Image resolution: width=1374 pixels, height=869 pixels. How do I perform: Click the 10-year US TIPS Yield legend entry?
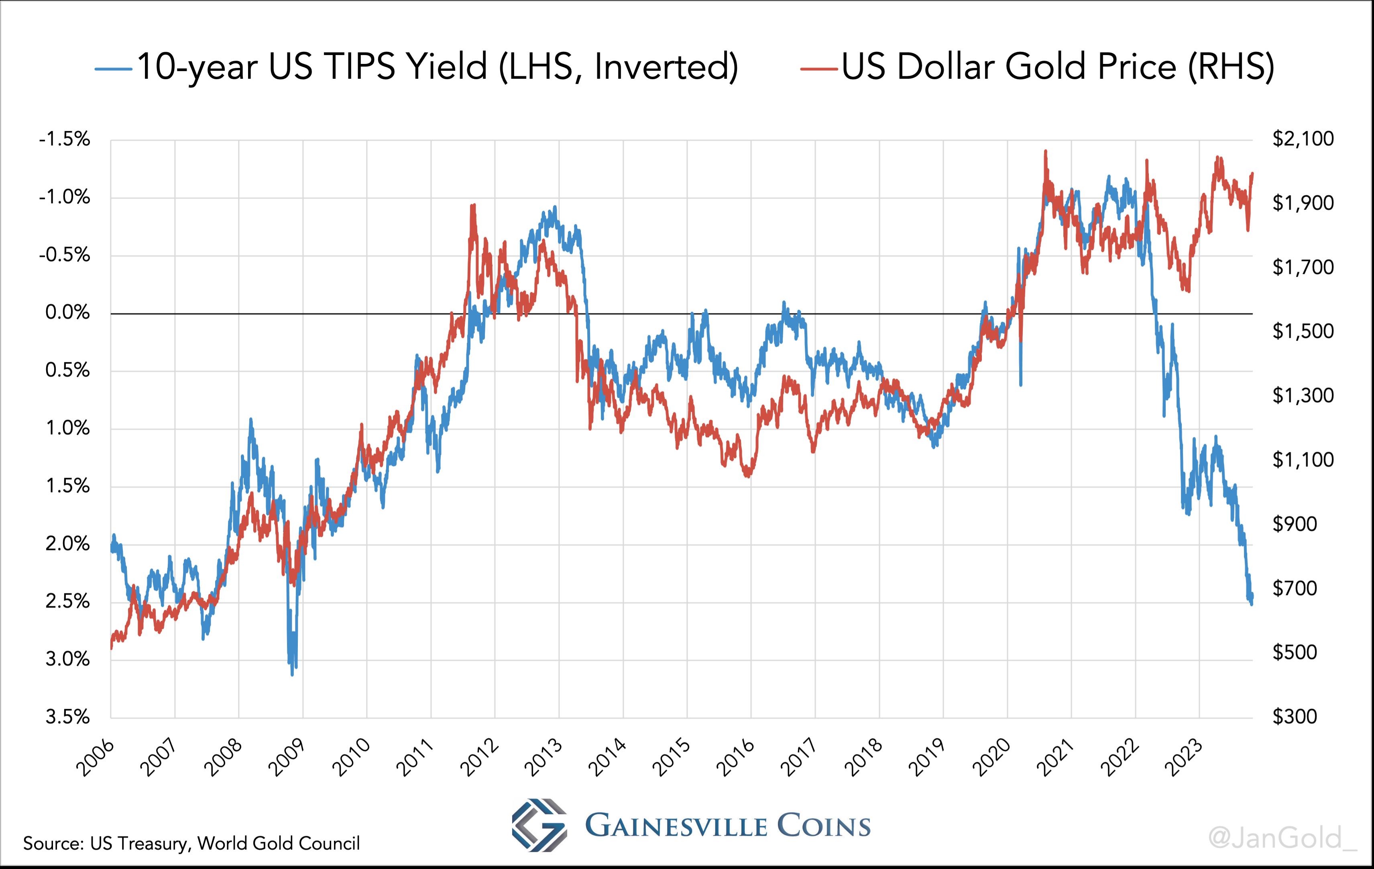pyautogui.click(x=417, y=67)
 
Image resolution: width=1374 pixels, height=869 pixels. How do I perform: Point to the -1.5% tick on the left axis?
pyautogui.click(x=65, y=139)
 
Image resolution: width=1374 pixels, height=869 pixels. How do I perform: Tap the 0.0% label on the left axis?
pyautogui.click(x=68, y=313)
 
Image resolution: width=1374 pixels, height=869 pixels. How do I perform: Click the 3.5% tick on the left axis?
pyautogui.click(x=68, y=717)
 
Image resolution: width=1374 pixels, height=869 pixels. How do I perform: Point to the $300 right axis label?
pyautogui.click(x=1295, y=717)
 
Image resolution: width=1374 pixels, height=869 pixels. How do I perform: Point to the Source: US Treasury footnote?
pyautogui.click(x=191, y=843)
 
